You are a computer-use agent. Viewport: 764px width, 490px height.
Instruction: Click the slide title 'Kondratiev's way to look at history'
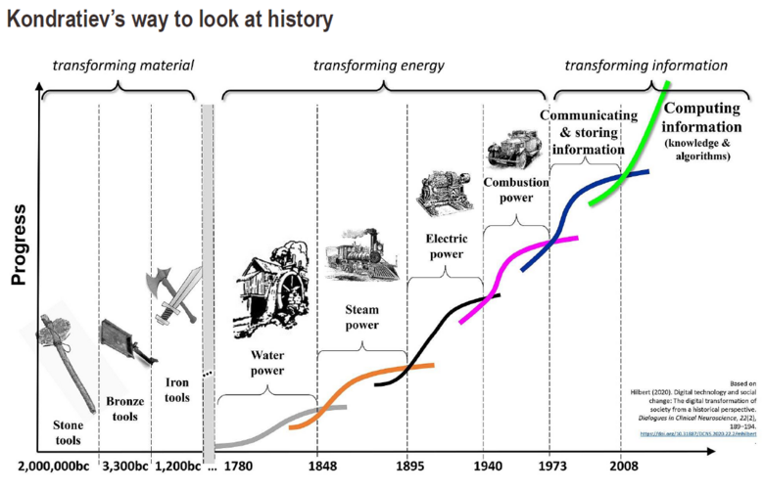pos(168,20)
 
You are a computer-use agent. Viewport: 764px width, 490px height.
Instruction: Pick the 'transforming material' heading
pos(122,66)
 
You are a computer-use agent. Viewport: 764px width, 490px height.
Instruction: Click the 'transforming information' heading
pos(646,66)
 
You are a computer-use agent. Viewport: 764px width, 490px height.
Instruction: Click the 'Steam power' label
pos(361,318)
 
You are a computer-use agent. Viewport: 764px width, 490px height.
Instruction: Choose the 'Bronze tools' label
pos(123,409)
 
